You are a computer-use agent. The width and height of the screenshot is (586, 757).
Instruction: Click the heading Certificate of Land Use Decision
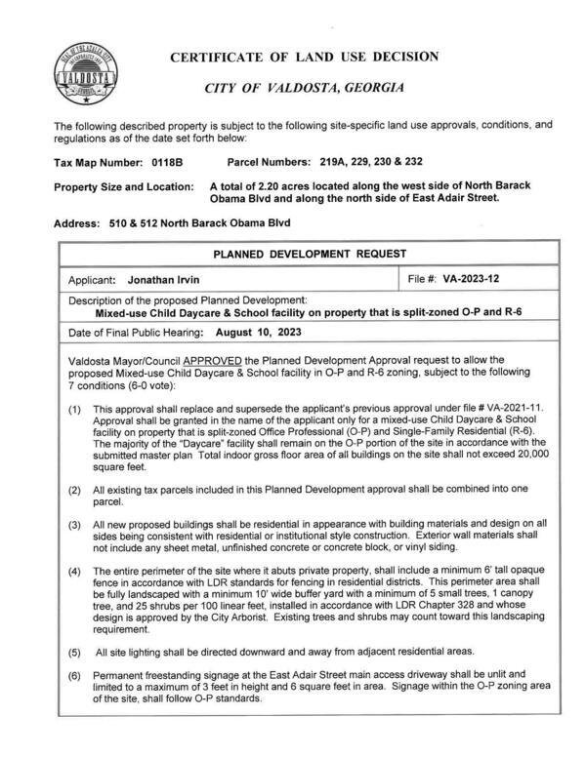pos(304,57)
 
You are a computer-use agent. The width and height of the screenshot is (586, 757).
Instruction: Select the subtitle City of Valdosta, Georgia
pos(304,88)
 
